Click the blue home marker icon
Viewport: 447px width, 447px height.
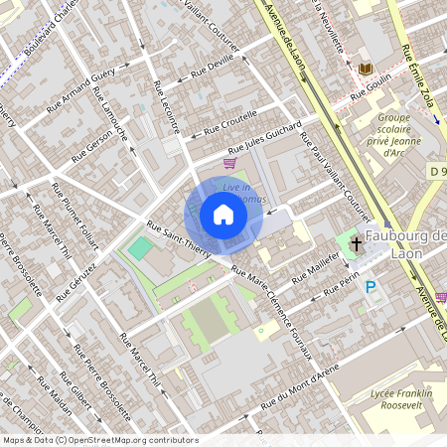pyautogui.click(x=223, y=215)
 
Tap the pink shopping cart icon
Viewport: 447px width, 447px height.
pyautogui.click(x=230, y=163)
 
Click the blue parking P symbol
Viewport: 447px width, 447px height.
pyautogui.click(x=372, y=288)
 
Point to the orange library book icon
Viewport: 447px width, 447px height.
pyautogui.click(x=366, y=69)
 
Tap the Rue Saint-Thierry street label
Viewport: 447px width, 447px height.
pyautogui.click(x=179, y=239)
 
